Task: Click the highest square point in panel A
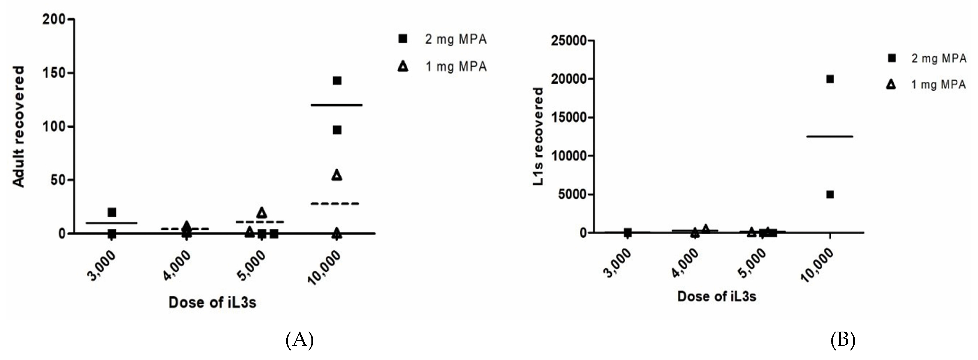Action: pyautogui.click(x=337, y=81)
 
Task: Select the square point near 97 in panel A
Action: pyautogui.click(x=337, y=130)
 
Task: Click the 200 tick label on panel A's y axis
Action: pyautogui.click(x=53, y=19)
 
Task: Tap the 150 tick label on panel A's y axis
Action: pyautogui.click(x=53, y=73)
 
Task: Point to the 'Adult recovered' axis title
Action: pyautogui.click(x=18, y=126)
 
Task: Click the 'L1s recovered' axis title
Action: pyautogui.click(x=538, y=137)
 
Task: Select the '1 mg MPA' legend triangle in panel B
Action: pyautogui.click(x=891, y=85)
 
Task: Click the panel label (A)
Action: pyautogui.click(x=299, y=340)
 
